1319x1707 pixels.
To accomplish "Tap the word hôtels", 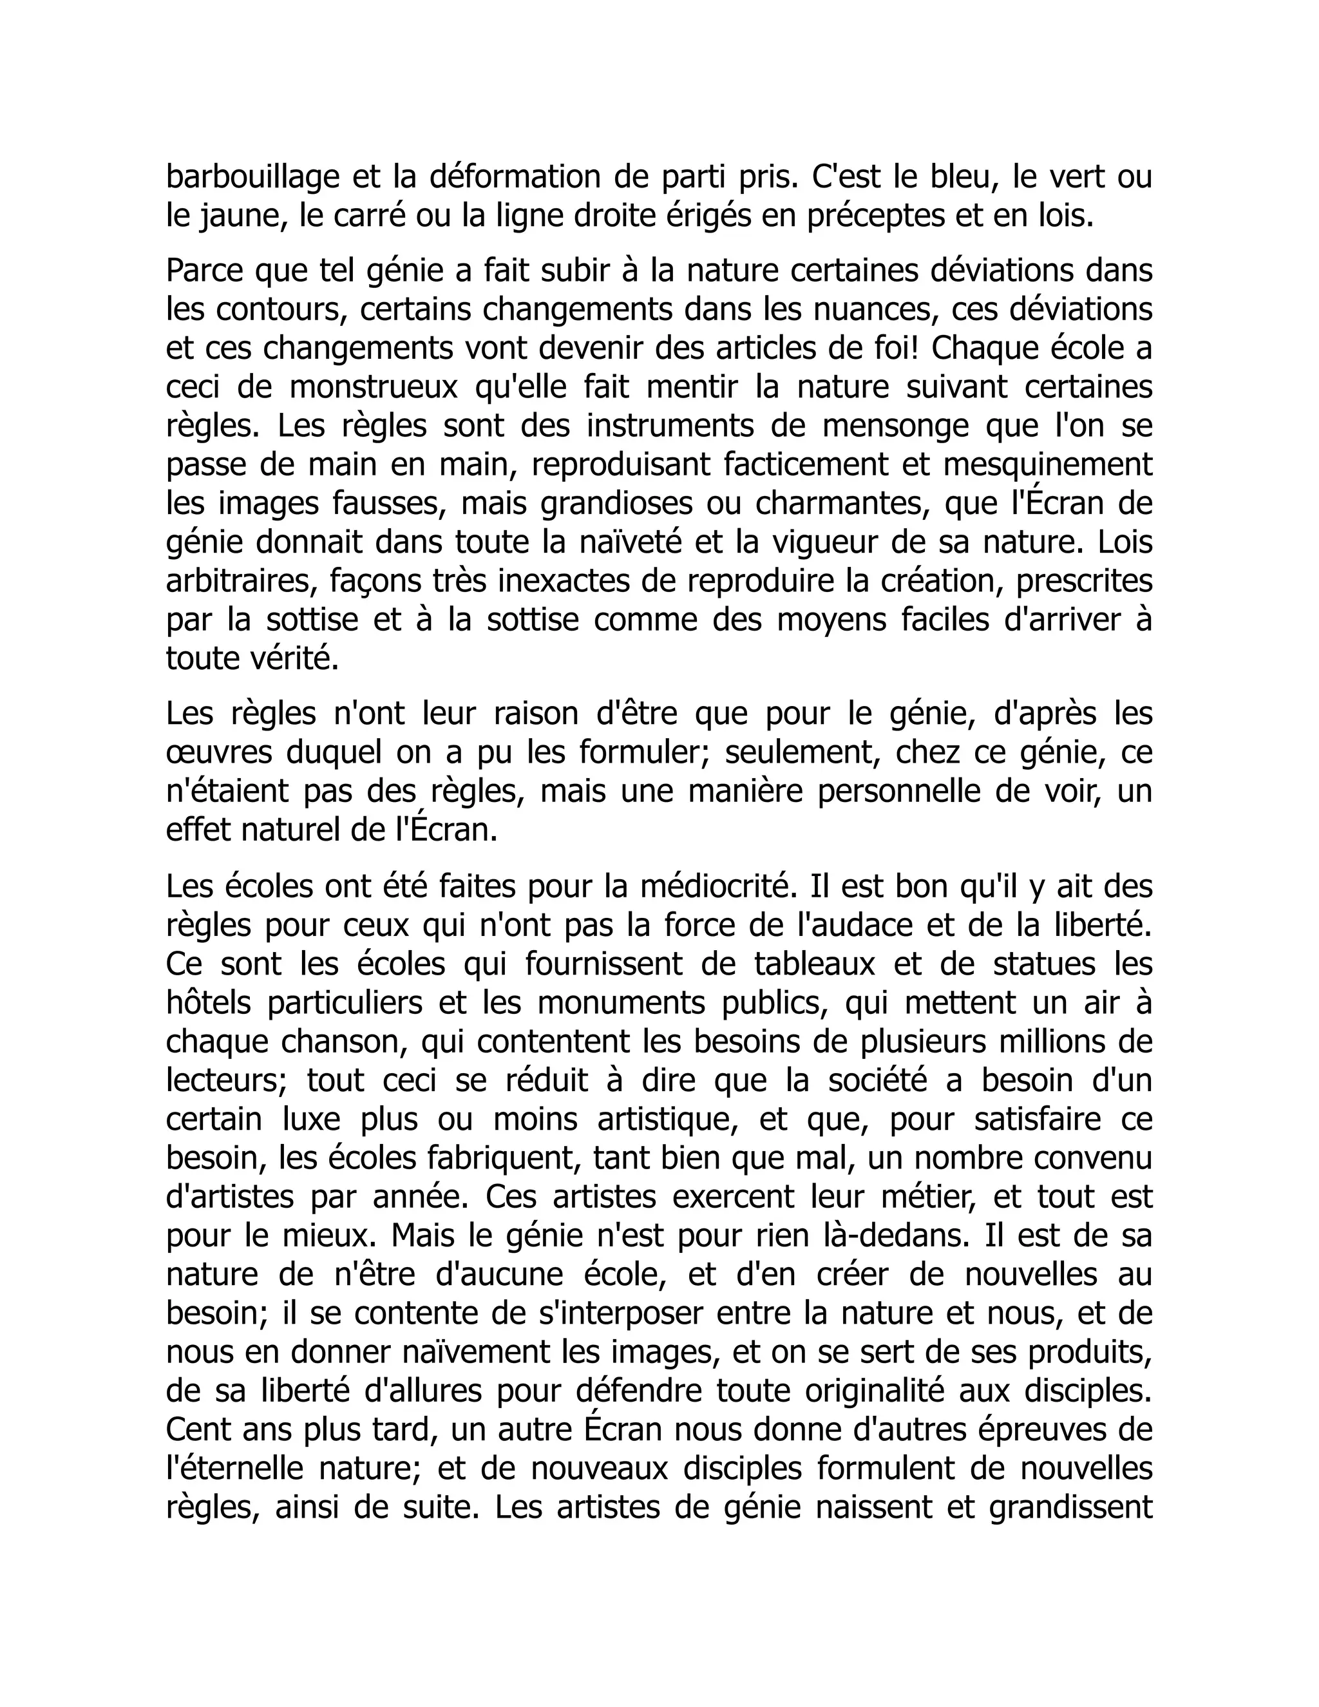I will coord(209,1003).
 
